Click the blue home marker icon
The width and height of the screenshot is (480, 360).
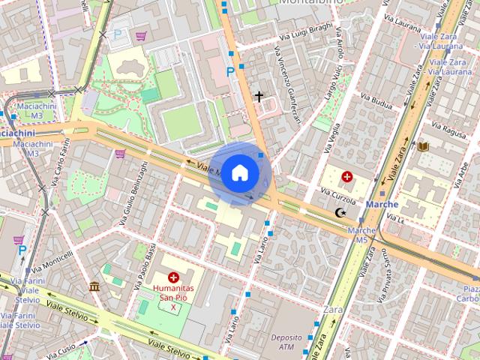(x=239, y=172)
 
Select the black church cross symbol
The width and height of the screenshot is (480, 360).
(x=259, y=96)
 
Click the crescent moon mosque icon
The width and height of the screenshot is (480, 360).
(x=341, y=214)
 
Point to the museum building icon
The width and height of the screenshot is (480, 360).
(x=94, y=286)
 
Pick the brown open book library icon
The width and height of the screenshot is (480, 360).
(x=424, y=145)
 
